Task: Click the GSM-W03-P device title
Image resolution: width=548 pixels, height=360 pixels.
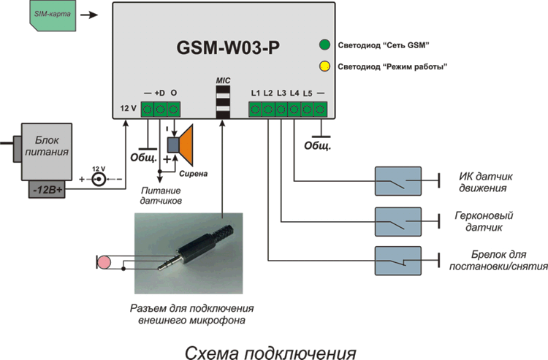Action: pos(228,49)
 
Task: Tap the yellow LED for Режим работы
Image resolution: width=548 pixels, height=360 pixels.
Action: pos(324,67)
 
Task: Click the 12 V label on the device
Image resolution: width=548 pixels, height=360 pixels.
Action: pos(128,109)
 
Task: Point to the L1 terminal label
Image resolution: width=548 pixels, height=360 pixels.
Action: pos(255,93)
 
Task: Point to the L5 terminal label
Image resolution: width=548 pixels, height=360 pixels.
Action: pos(307,93)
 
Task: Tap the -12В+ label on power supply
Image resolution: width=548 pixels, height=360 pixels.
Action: pos(47,191)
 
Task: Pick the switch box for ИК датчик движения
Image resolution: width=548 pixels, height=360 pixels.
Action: pos(397,181)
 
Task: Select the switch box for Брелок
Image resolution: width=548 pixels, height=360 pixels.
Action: pos(397,261)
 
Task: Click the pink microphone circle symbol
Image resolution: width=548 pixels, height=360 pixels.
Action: pos(105,261)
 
